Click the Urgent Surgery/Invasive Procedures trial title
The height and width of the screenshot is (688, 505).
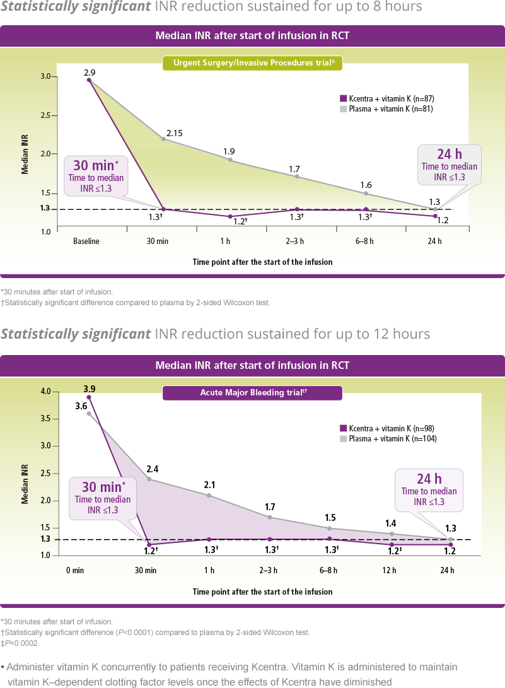point(252,63)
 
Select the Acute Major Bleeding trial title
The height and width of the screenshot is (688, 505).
point(252,394)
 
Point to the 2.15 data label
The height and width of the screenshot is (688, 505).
point(174,133)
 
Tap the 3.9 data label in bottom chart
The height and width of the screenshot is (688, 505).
point(89,389)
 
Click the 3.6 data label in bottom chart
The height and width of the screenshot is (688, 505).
point(81,406)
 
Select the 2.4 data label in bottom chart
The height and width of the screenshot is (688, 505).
point(153,469)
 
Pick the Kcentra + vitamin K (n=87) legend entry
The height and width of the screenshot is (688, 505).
point(386,99)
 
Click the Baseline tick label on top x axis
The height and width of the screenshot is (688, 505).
point(86,241)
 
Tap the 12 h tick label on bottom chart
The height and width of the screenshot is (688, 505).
point(390,571)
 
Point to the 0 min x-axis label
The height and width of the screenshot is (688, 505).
point(76,571)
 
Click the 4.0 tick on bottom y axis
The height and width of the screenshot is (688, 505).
point(45,392)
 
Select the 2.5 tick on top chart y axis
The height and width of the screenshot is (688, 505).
point(45,116)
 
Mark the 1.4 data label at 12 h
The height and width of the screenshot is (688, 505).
point(391,523)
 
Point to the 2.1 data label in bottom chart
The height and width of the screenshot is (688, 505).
point(209,485)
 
